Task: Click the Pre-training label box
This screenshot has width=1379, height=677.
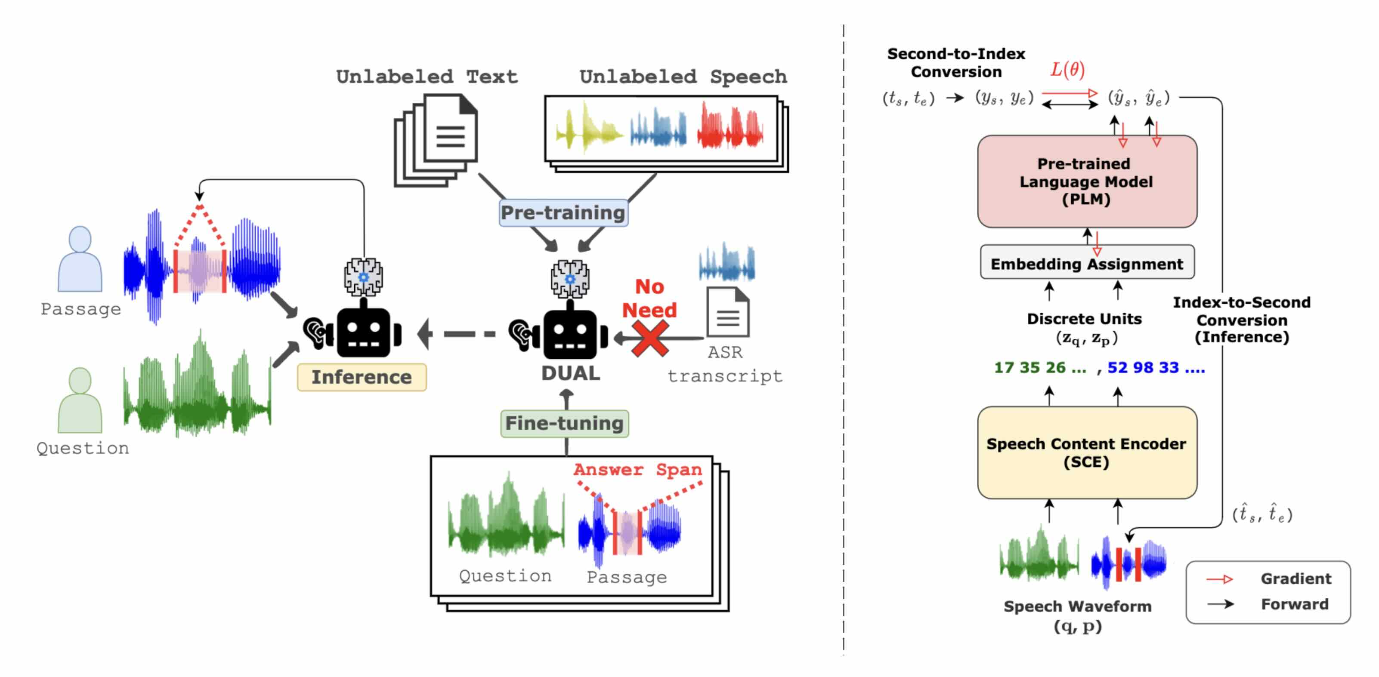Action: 563,212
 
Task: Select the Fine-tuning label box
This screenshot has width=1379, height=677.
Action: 564,423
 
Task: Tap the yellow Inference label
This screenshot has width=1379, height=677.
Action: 362,377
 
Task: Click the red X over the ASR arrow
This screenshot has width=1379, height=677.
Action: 649,338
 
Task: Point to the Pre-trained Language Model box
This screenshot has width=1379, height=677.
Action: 1087,182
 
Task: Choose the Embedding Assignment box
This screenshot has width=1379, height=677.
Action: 1087,263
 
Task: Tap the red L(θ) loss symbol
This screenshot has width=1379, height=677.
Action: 1067,70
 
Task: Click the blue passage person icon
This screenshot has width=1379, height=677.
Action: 80,259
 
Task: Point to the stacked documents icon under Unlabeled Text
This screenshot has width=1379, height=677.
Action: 437,139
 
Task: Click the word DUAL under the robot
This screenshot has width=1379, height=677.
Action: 571,373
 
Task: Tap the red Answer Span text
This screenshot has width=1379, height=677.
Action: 637,469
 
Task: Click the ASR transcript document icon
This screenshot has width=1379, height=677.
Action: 727,312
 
